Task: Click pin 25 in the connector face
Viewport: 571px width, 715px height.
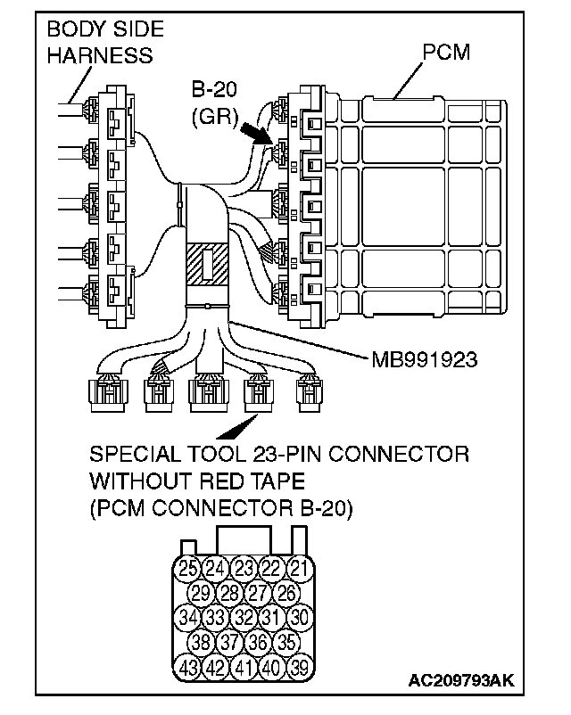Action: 187,567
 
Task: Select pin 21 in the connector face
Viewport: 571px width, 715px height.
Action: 300,567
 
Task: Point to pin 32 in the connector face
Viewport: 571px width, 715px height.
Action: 243,616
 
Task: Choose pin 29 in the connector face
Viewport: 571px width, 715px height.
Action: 202,592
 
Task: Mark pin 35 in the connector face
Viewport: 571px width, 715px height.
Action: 286,640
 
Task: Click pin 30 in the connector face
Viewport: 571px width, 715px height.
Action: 301,616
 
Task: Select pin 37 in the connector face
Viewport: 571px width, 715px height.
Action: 230,640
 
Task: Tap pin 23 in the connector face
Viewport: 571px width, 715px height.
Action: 243,567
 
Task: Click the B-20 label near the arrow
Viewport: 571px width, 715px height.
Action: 213,90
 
